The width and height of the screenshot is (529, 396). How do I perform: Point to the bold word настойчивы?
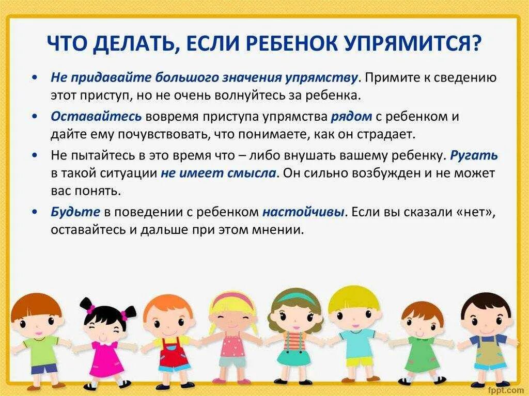(x=303, y=212)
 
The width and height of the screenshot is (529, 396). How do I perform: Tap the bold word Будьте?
(x=75, y=212)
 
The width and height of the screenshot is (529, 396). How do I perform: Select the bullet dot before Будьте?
(x=35, y=212)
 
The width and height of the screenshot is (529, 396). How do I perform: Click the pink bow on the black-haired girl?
(x=90, y=308)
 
